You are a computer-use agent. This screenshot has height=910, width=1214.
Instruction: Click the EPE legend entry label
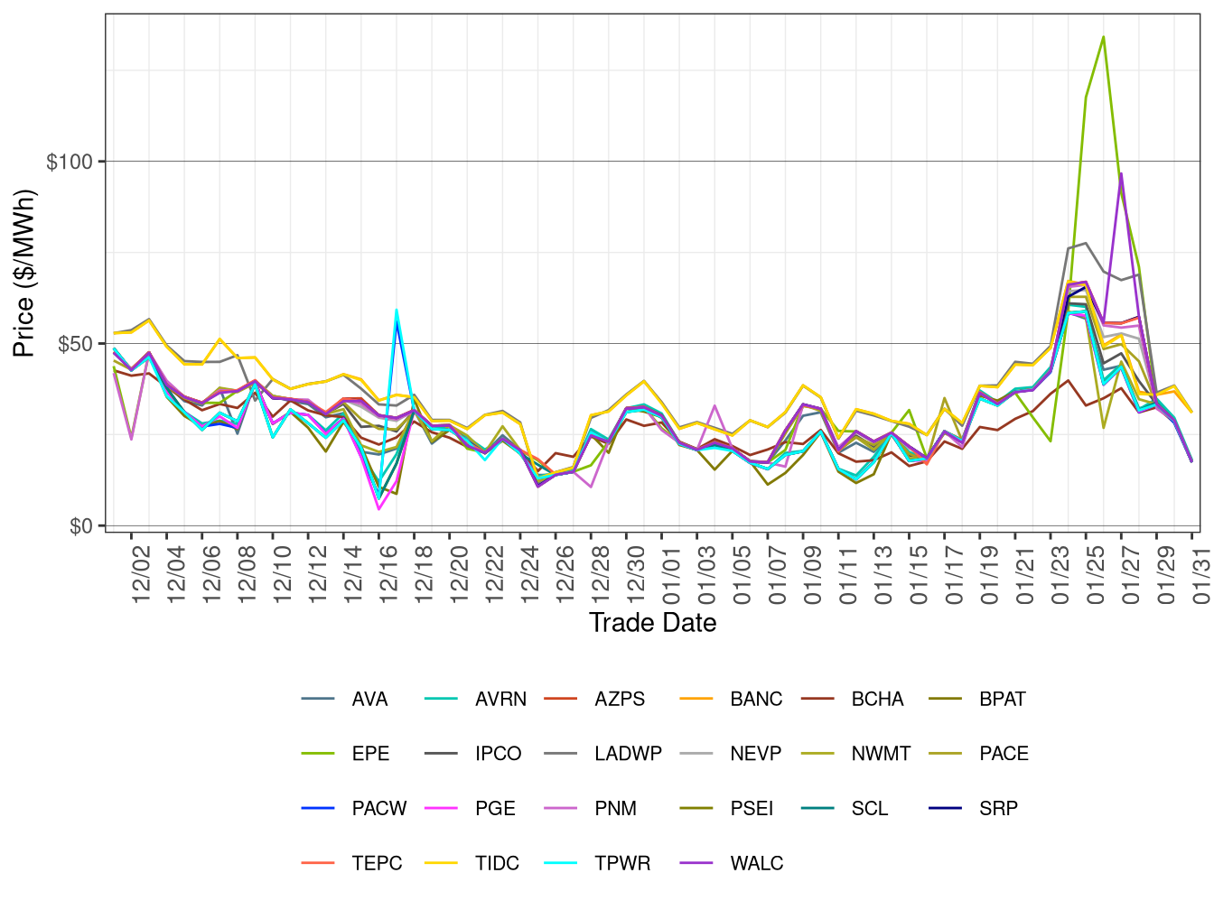370,754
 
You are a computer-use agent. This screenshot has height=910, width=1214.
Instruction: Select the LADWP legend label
628,754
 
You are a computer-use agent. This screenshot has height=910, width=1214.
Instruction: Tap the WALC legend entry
756,863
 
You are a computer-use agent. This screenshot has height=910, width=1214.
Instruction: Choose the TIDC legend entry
497,863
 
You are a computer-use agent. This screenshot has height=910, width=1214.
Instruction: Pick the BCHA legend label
877,699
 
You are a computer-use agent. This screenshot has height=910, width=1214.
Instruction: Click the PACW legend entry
378,809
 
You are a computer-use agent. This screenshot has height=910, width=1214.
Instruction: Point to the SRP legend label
998,809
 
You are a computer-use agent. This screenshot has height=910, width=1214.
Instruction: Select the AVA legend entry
369,699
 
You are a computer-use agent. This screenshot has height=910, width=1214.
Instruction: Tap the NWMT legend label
881,754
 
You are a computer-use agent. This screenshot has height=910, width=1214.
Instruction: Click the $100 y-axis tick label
70,162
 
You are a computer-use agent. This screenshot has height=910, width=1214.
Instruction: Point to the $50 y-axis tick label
75,344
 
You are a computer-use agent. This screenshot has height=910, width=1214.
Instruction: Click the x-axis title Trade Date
652,623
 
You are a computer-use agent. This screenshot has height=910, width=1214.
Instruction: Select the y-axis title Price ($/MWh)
24,273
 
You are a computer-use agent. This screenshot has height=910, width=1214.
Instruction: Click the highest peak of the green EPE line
1103,37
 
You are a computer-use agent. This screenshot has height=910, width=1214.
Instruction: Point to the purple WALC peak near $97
1121,173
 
